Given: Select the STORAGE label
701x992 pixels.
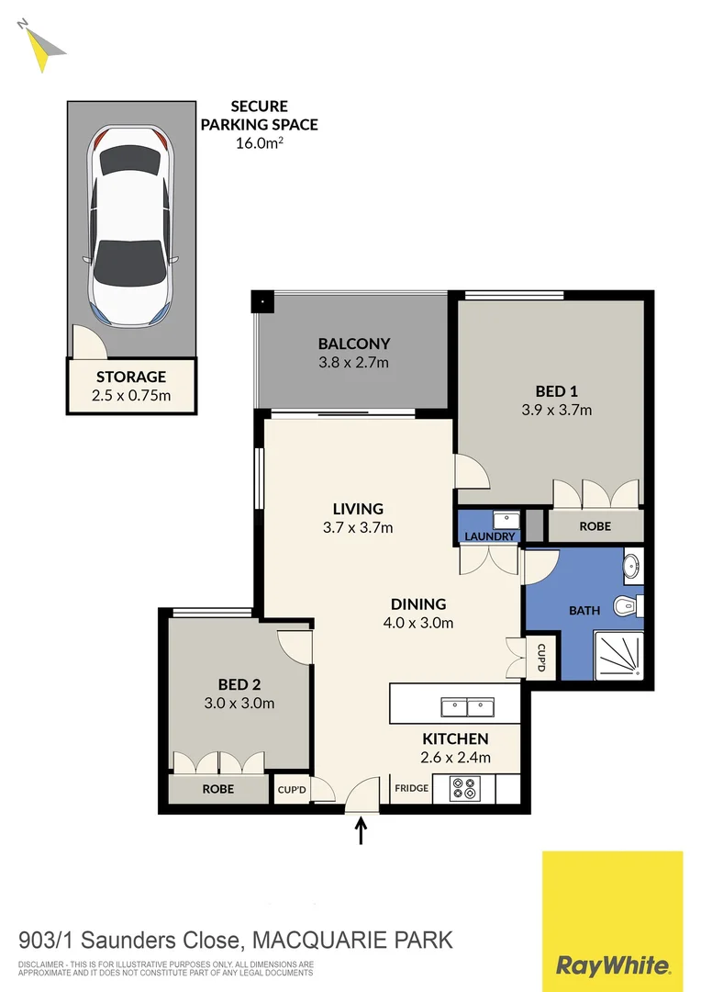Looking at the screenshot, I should click(x=131, y=377).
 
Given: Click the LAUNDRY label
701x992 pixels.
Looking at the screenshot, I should click(x=488, y=536).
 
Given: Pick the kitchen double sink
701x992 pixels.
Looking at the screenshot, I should click(x=468, y=706).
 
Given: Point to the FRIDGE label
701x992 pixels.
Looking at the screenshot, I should click(x=410, y=788).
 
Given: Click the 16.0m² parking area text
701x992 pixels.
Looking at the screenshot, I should click(x=260, y=141).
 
